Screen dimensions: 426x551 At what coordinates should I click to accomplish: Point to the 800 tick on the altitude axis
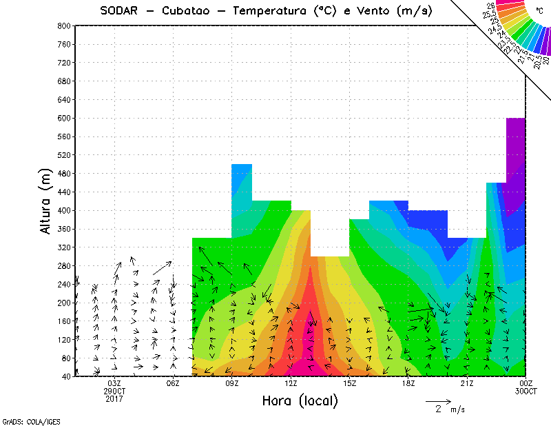[x=63, y=26]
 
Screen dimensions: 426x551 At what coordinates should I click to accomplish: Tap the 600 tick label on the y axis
[x=63, y=118]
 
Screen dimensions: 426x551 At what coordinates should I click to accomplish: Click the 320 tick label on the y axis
[x=63, y=247]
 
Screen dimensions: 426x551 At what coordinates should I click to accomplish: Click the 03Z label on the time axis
[x=114, y=383]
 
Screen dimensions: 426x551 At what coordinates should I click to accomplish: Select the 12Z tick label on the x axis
[x=291, y=383]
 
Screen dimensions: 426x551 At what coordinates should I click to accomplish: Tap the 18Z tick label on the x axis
[x=408, y=383]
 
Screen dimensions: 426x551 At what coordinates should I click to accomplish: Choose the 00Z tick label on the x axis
[x=526, y=383]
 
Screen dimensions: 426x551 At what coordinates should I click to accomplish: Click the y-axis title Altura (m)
[x=45, y=201]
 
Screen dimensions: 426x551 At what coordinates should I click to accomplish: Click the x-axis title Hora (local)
[x=300, y=400]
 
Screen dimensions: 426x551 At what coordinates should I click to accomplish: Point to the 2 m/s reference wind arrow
[x=438, y=400]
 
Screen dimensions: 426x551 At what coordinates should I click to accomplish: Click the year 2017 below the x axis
[x=114, y=398]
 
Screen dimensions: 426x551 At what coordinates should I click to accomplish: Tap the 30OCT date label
[x=526, y=391]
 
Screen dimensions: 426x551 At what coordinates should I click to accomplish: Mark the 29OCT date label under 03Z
[x=114, y=391]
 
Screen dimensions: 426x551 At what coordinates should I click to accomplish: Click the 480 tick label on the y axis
[x=63, y=173]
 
